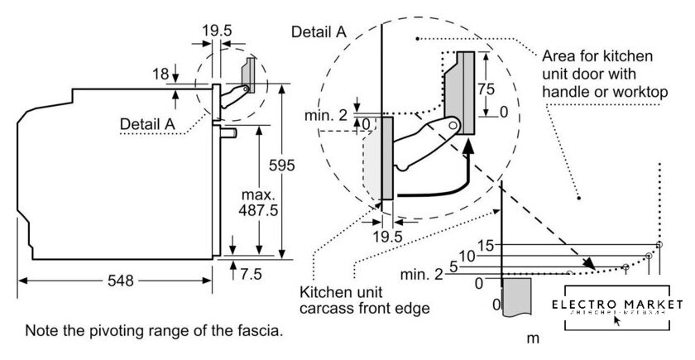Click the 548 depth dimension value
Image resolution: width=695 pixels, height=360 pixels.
[x=120, y=281]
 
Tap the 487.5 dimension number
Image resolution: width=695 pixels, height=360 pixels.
[x=258, y=210]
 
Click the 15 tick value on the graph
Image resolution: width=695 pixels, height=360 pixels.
[x=486, y=245]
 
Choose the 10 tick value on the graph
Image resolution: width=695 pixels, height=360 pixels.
[x=467, y=257]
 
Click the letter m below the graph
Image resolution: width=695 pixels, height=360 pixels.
[x=533, y=338]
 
